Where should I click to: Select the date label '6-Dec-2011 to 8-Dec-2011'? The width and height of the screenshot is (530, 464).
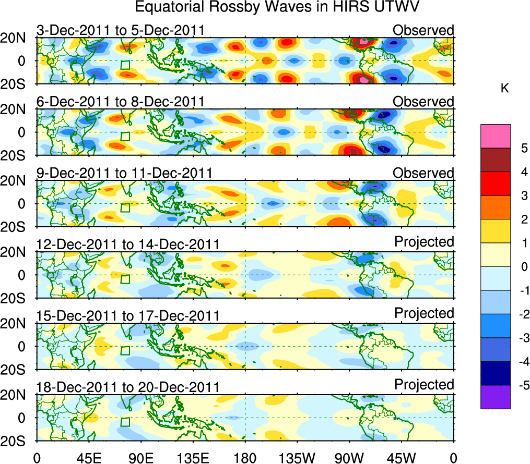click(120, 102)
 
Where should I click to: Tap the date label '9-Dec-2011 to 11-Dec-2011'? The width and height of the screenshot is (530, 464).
click(124, 173)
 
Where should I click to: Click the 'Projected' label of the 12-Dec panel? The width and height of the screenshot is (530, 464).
click(424, 242)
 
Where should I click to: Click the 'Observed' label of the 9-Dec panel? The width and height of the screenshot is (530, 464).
click(423, 173)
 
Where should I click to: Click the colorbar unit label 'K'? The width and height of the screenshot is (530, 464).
click(504, 89)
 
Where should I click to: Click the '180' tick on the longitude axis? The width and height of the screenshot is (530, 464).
click(245, 458)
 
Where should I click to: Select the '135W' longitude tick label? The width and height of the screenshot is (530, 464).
click(298, 458)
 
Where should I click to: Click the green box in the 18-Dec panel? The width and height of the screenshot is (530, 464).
click(125, 422)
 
